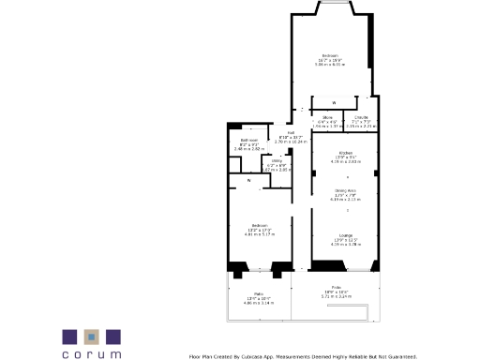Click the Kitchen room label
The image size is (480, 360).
click(345, 152)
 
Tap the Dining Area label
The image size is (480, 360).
click(345, 190)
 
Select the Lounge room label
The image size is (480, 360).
click(345, 234)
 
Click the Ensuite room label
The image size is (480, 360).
click(361, 116)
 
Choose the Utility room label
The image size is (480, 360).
click(277, 160)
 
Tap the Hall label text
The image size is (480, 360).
click(291, 132)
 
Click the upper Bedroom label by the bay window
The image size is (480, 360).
click(330, 56)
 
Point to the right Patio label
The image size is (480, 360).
click(336, 287)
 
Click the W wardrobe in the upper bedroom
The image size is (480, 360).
click(334, 101)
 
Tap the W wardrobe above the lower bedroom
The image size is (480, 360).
click(248, 180)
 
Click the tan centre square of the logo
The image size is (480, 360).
click(92, 336)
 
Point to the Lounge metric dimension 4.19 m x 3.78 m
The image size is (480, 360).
click(345, 244)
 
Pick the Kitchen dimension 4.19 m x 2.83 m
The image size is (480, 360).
click(345, 161)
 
